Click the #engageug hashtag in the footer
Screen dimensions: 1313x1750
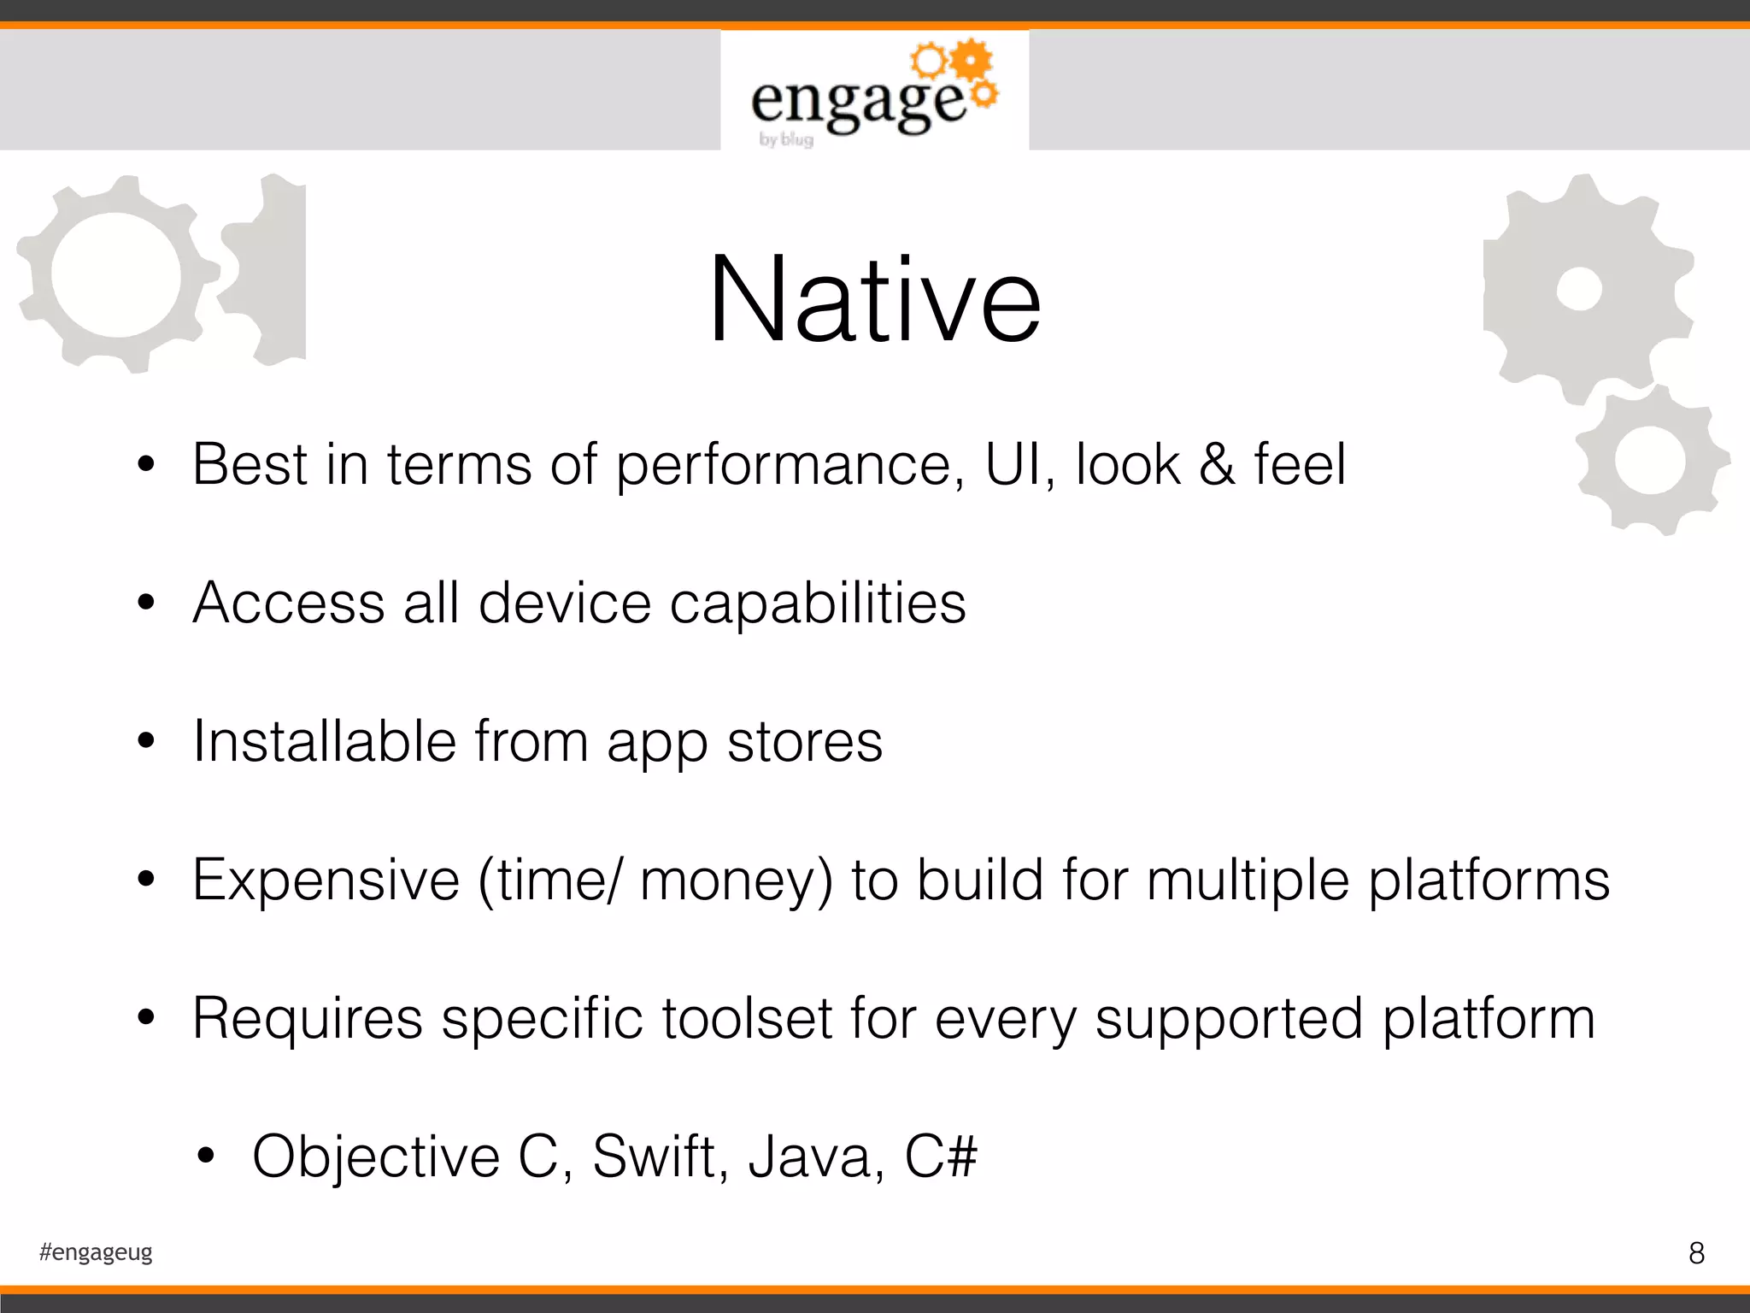96,1252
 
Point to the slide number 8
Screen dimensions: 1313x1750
1696,1253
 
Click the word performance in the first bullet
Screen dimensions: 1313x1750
790,466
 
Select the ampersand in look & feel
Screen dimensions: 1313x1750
1217,466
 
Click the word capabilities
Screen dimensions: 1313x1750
817,604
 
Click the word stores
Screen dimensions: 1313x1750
804,743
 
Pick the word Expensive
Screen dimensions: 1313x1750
326,880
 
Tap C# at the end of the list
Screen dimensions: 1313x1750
940,1157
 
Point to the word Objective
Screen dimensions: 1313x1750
376,1157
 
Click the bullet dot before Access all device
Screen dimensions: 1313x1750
146,603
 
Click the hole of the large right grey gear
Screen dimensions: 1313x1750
1578,289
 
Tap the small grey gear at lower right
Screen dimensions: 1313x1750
1651,461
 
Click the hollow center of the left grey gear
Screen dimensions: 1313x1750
116,274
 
